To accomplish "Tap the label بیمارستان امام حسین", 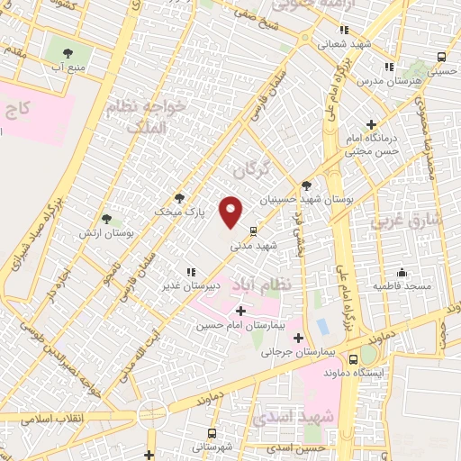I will click(243, 325).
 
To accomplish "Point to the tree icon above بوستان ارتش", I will click(107, 219).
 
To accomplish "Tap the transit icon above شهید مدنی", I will click(255, 230).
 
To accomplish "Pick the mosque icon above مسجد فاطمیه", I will click(402, 272).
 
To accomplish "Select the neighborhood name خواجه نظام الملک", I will click(160, 121).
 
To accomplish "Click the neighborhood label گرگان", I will click(251, 168).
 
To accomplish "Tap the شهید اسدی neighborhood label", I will click(294, 417).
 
